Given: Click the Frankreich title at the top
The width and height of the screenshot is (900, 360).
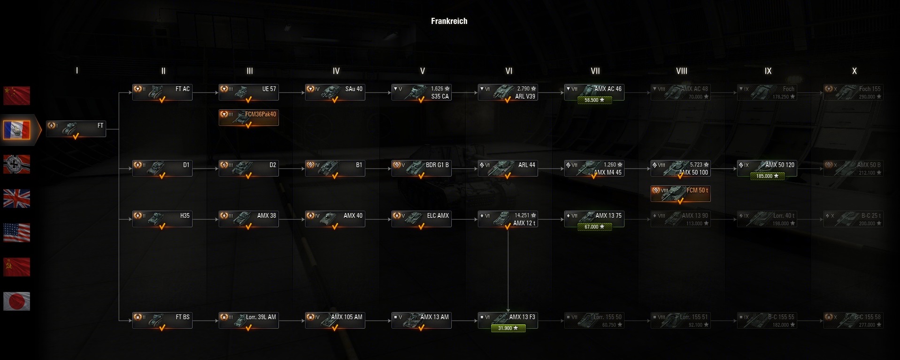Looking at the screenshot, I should (x=449, y=21).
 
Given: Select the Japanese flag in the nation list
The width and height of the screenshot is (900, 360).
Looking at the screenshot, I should (x=17, y=301).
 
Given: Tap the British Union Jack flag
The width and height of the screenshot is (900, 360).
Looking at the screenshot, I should (x=17, y=199).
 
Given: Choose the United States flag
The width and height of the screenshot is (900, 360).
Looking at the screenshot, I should (x=17, y=233).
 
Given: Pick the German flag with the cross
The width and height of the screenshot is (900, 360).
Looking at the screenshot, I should (x=17, y=164).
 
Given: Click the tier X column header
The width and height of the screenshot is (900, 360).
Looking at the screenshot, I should (x=854, y=71).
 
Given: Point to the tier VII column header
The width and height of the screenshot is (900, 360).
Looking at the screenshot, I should (x=595, y=71).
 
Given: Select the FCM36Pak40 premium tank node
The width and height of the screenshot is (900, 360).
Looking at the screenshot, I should (x=249, y=117).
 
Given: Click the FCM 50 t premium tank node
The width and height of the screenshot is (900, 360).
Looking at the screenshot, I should (x=680, y=193).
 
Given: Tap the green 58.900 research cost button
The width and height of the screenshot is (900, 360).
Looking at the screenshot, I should (x=594, y=100).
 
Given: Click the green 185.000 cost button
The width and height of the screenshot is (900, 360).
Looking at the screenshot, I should (x=767, y=176).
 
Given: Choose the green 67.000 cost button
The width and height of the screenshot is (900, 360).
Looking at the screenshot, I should (x=594, y=227).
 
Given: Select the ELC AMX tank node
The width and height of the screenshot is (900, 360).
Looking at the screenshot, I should (x=422, y=219).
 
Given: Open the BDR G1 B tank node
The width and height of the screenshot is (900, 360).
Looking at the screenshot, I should (x=422, y=169).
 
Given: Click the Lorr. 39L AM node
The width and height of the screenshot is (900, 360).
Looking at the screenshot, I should (x=249, y=321).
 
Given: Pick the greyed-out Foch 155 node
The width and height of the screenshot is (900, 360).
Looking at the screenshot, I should (x=853, y=92).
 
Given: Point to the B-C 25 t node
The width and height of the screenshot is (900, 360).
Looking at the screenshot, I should (x=853, y=219).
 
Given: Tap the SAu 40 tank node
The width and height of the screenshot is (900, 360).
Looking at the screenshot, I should (x=335, y=92).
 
